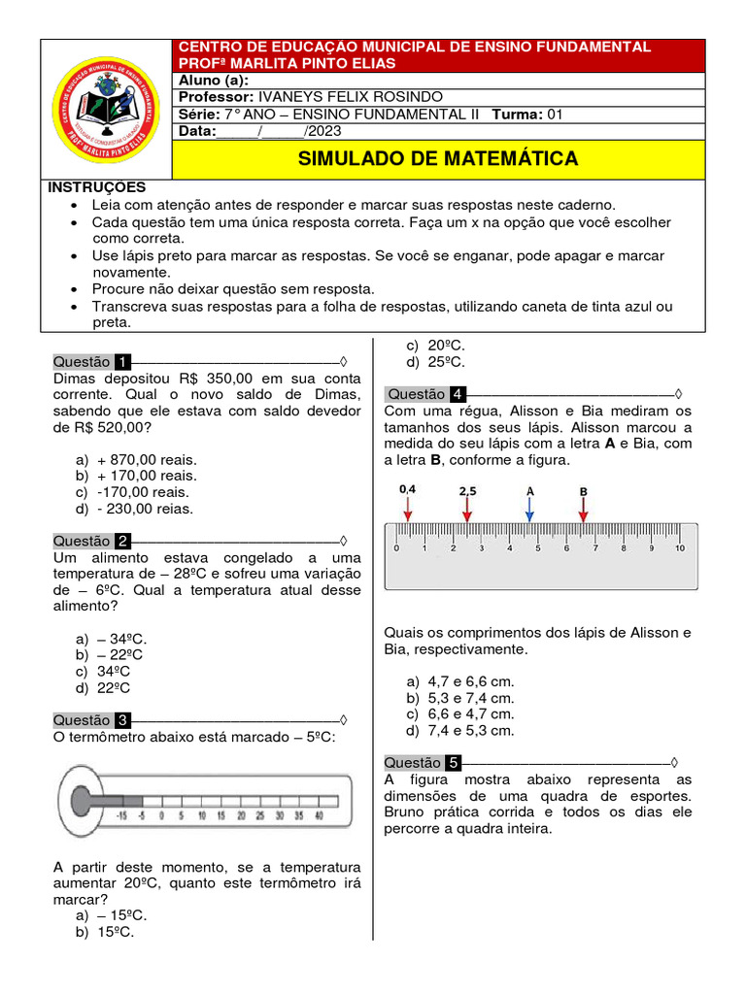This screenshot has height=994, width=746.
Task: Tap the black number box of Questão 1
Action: [x=122, y=362]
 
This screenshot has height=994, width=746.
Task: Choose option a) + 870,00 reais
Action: [x=137, y=459]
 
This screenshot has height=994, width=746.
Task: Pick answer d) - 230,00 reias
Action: [x=136, y=508]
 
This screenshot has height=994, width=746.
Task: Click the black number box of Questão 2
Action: [x=122, y=541]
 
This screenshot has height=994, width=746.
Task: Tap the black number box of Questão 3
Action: [x=122, y=720]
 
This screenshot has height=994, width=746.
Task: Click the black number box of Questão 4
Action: [x=457, y=394]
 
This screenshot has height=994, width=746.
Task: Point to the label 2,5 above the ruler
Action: [x=467, y=491]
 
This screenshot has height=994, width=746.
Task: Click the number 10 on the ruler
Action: [x=680, y=547]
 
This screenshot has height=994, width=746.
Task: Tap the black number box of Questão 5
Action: [x=454, y=763]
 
